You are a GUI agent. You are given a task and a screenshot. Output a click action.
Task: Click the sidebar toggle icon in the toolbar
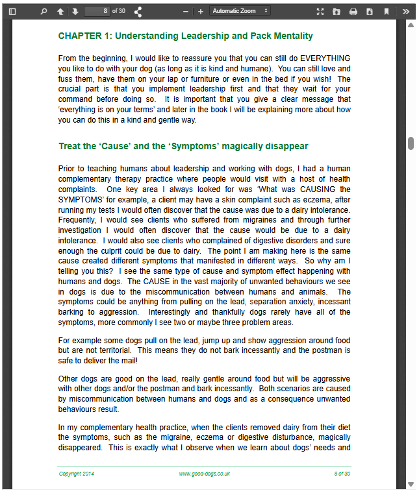(12, 11)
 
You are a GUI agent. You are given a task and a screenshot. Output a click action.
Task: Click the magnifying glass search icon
(44, 11)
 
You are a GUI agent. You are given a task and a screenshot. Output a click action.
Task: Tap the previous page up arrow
(60, 11)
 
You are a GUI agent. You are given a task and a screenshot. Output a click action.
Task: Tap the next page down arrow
(75, 11)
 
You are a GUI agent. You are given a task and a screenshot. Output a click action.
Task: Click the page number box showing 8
(97, 11)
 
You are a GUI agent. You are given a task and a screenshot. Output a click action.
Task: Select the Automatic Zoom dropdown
(240, 11)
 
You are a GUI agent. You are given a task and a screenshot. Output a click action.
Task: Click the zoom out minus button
(186, 11)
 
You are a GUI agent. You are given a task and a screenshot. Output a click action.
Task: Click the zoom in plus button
(201, 11)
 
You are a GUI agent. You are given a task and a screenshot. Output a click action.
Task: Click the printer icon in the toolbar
(353, 11)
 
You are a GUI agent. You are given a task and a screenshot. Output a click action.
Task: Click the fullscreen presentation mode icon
(320, 11)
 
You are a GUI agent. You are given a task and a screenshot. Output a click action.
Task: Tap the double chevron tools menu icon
(406, 11)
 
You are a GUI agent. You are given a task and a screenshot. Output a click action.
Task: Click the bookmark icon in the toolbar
(387, 11)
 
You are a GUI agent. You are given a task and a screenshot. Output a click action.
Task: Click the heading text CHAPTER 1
(85, 36)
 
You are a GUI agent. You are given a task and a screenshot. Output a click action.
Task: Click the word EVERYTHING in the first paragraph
(325, 58)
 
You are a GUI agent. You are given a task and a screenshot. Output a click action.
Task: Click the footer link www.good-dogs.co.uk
(205, 474)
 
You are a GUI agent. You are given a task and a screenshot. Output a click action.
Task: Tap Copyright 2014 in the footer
(77, 474)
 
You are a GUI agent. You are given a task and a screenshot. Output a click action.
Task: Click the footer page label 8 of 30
(342, 474)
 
